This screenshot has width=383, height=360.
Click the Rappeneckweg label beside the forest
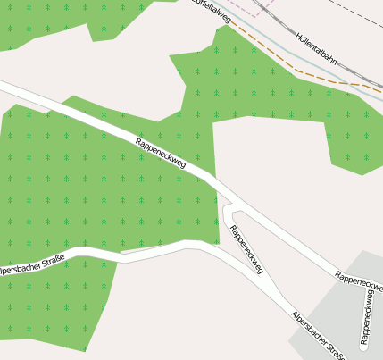161,153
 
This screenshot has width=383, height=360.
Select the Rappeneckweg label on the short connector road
246,249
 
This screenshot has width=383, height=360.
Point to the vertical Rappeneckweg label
365,316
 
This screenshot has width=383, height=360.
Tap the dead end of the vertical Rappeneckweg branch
365,345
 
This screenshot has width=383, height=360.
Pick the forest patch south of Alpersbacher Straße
62,304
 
